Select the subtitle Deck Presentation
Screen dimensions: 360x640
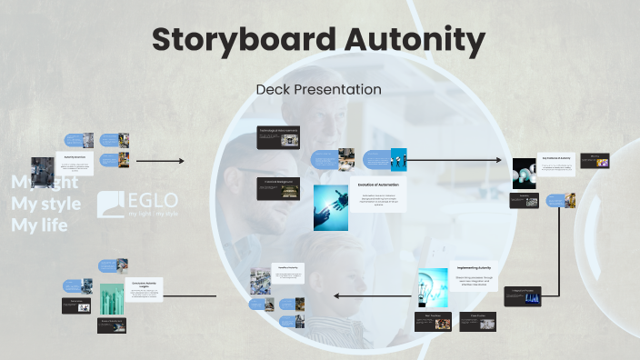click(318, 89)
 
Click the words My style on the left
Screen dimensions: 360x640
click(45, 203)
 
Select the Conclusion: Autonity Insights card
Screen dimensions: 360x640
click(143, 290)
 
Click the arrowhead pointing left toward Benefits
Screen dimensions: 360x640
click(337, 295)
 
